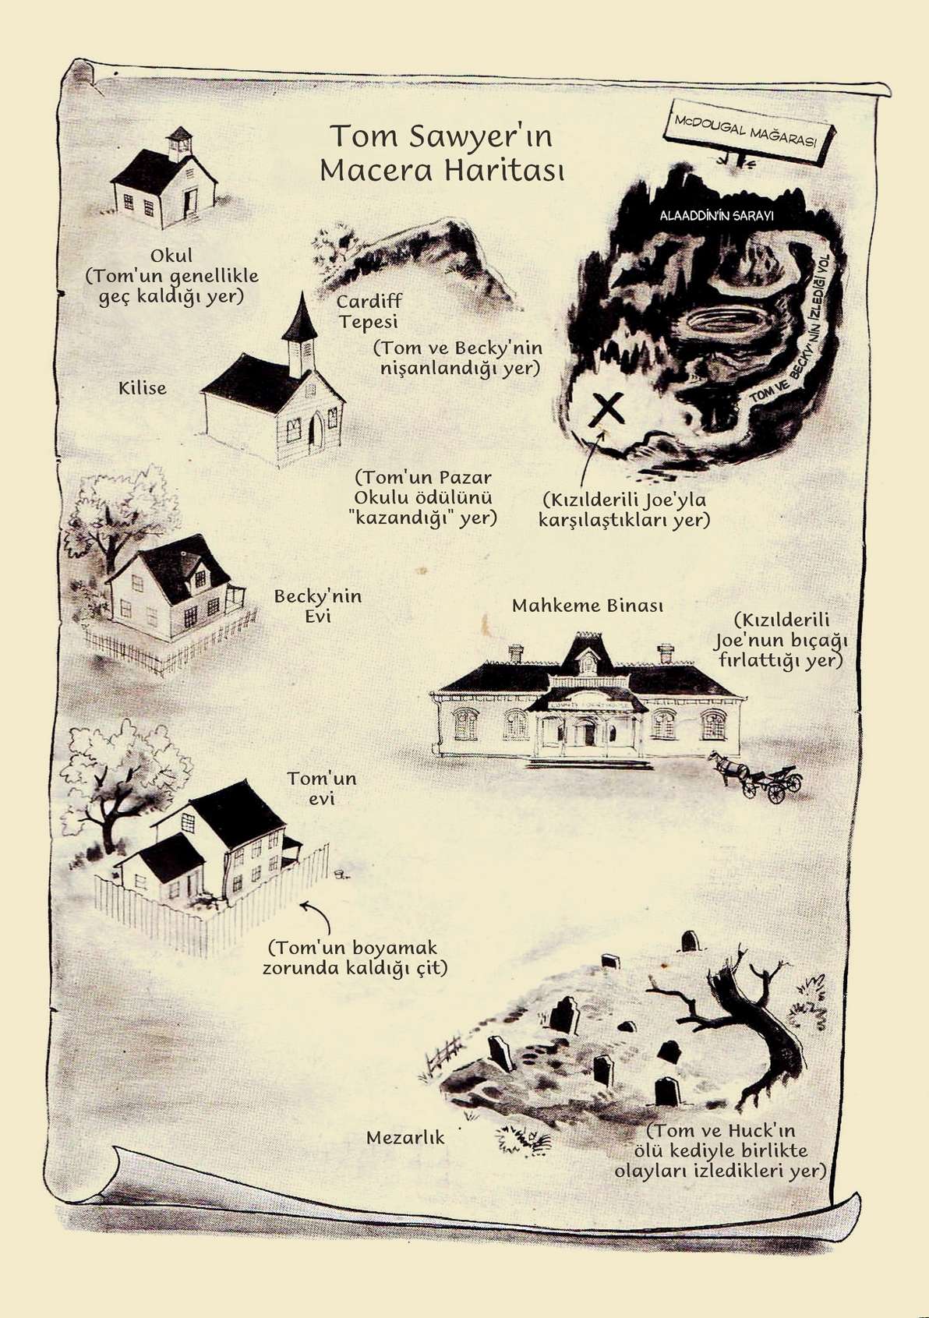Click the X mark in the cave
[606, 410]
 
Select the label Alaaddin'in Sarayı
[716, 215]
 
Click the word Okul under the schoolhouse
[171, 256]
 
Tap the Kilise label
[143, 387]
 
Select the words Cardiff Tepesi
[369, 311]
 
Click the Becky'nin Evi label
[318, 606]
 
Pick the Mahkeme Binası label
[587, 606]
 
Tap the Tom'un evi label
[322, 788]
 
